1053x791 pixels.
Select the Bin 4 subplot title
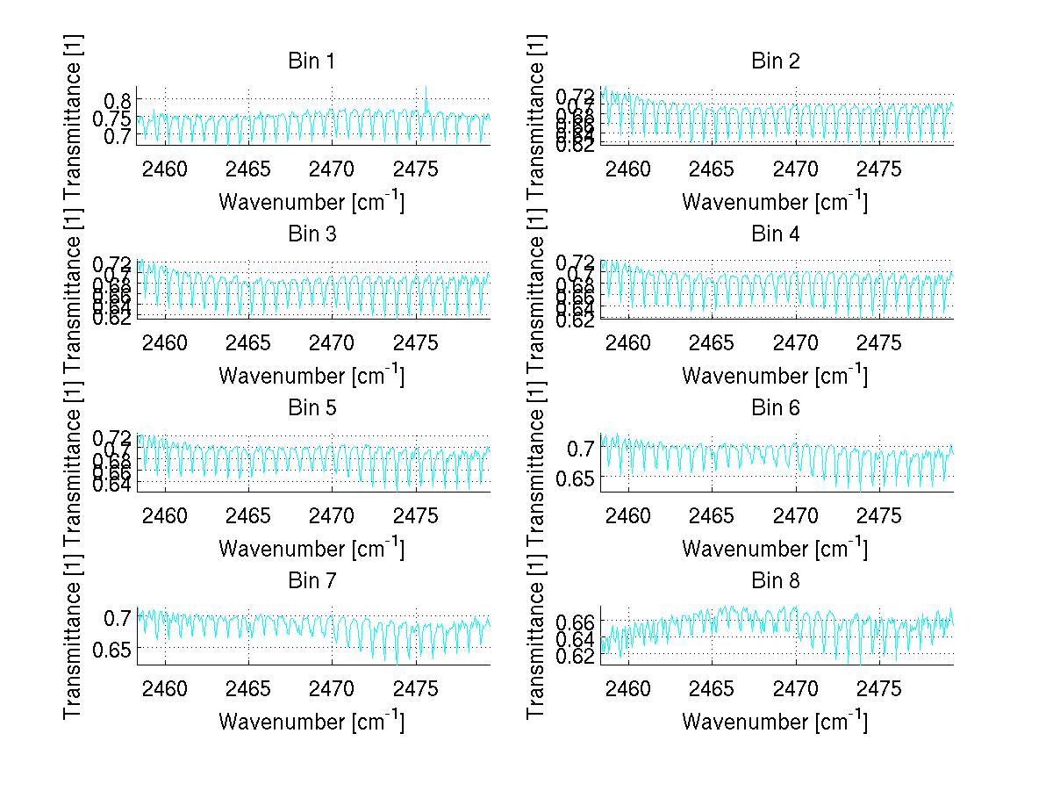click(775, 234)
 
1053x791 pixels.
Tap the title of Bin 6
click(775, 407)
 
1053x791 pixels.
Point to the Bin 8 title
click(775, 580)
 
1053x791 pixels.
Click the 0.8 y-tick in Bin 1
click(121, 98)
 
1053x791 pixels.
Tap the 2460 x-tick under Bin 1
click(165, 169)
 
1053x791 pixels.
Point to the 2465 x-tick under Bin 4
click(712, 342)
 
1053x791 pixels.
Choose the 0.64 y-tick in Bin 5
click(112, 484)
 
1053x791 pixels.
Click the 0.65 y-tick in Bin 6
click(577, 478)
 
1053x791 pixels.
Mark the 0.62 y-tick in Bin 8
click(577, 655)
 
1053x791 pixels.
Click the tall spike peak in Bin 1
click(426, 87)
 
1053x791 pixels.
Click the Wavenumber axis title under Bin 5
click(311, 549)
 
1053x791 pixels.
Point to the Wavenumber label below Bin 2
click(775, 202)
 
